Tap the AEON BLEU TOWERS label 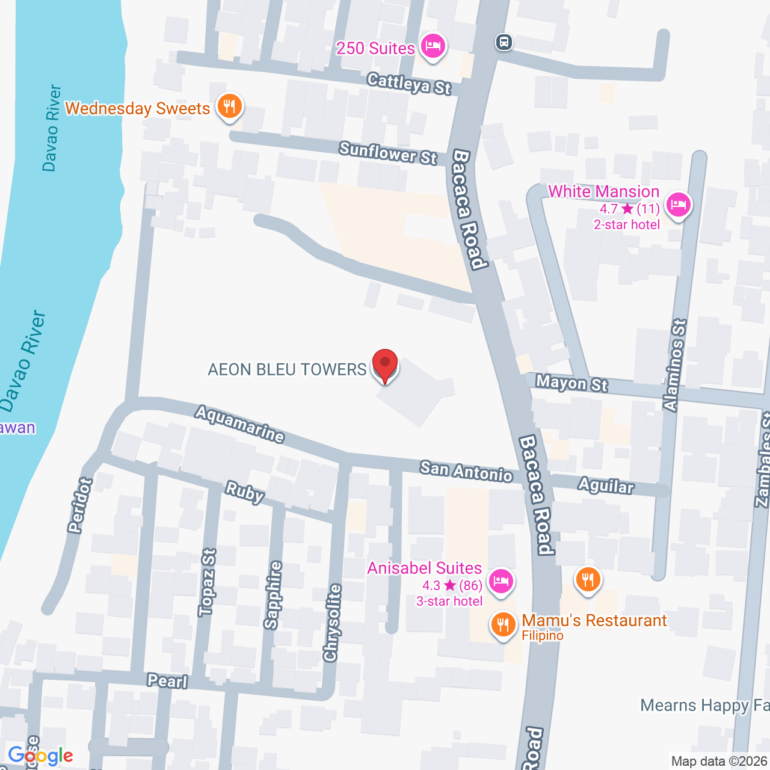[x=287, y=369]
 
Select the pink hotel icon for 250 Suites [x=433, y=46]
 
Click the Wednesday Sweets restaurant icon [x=229, y=106]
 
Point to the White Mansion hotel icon [x=679, y=205]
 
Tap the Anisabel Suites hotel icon [x=500, y=581]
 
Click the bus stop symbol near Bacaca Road [x=504, y=42]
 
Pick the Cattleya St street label [x=409, y=84]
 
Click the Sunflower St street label [x=388, y=153]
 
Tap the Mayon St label [x=571, y=383]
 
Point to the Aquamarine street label [x=239, y=424]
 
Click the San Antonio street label [x=466, y=472]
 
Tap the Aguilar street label [x=606, y=485]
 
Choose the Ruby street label [x=244, y=492]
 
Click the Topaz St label [x=207, y=582]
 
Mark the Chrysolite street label [x=332, y=622]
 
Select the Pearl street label [x=167, y=681]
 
